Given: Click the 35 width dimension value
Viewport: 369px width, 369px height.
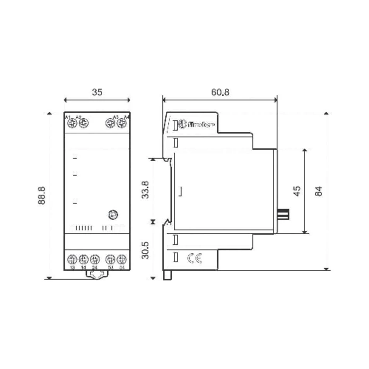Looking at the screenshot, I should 97,92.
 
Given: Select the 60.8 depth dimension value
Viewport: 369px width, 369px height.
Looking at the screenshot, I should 220,92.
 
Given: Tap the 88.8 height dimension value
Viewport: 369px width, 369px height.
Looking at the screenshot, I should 42,195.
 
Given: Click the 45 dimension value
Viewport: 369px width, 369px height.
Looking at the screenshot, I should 297,191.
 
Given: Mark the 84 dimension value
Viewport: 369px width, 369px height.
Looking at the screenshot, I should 319,191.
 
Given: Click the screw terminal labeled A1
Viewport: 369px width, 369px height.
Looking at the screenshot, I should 71,123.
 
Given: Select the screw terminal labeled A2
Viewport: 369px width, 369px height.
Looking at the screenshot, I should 83,123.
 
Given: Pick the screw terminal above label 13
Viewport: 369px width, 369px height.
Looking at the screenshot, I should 72,258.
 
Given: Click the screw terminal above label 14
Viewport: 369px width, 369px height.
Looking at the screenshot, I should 83,258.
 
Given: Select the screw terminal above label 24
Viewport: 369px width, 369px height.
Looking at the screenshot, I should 95,258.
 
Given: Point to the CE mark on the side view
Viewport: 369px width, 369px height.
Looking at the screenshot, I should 194,259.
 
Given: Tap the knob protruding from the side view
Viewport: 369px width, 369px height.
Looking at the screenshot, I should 283,214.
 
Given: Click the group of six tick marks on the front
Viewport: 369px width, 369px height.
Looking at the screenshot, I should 83,228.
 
